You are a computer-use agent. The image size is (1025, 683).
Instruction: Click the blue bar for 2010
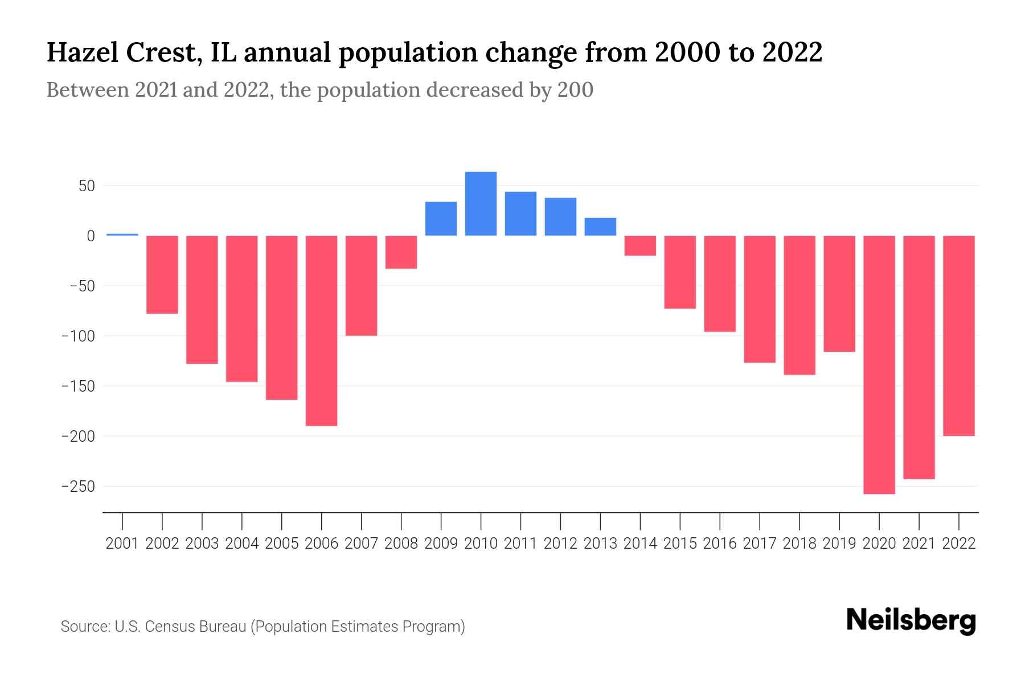coord(481,204)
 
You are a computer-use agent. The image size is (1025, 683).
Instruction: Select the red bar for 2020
coord(879,364)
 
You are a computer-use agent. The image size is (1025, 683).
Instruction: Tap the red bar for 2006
coord(322,330)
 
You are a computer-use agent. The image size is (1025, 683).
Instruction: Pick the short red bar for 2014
coord(640,246)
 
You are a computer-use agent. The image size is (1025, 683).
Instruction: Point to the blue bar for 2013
coord(600,227)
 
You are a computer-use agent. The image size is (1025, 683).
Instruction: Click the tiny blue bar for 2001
coord(122,234)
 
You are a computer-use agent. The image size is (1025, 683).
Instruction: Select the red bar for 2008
coord(401,252)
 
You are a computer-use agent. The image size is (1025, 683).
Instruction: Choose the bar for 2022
coord(959,336)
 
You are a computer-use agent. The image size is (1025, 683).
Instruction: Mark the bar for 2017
coord(760,299)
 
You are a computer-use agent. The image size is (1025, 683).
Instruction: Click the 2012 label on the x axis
coord(560,544)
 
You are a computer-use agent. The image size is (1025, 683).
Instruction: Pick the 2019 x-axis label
coord(839,544)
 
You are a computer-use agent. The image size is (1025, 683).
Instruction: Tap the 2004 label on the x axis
coord(242,544)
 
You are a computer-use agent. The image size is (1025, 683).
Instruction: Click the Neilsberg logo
coord(911,622)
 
